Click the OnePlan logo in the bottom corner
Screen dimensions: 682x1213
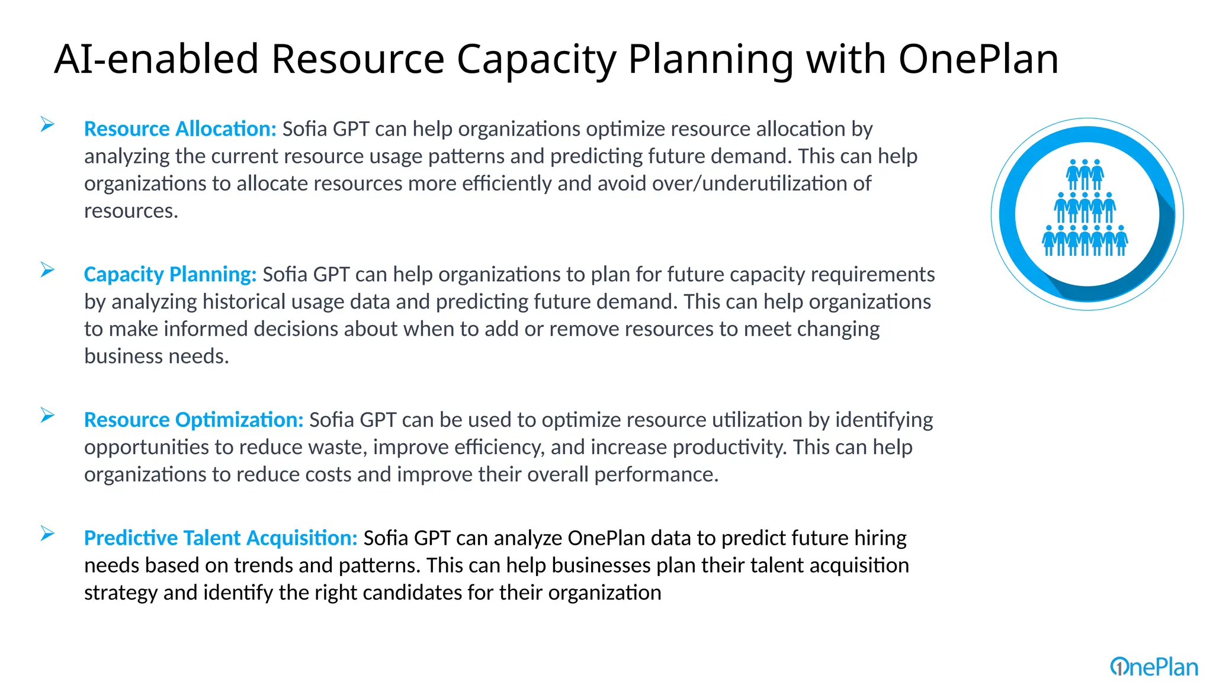[x=1154, y=667]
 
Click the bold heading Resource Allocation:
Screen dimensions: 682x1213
[x=180, y=129]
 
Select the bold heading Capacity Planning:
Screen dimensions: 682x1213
[x=170, y=275]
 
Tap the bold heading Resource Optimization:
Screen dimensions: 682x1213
[x=194, y=420]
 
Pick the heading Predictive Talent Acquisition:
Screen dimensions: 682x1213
[x=220, y=538]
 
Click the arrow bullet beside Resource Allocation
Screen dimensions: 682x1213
[x=47, y=124]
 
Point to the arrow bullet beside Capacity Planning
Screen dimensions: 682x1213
[x=47, y=270]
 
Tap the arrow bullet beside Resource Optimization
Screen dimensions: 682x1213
[x=47, y=416]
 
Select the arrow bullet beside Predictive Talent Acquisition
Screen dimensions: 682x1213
[x=47, y=534]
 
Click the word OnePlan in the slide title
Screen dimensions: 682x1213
[x=978, y=59]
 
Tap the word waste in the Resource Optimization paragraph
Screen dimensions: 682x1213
[x=336, y=448]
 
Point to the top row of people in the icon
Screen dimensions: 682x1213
[x=1084, y=175]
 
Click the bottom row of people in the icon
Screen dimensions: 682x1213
[x=1084, y=241]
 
